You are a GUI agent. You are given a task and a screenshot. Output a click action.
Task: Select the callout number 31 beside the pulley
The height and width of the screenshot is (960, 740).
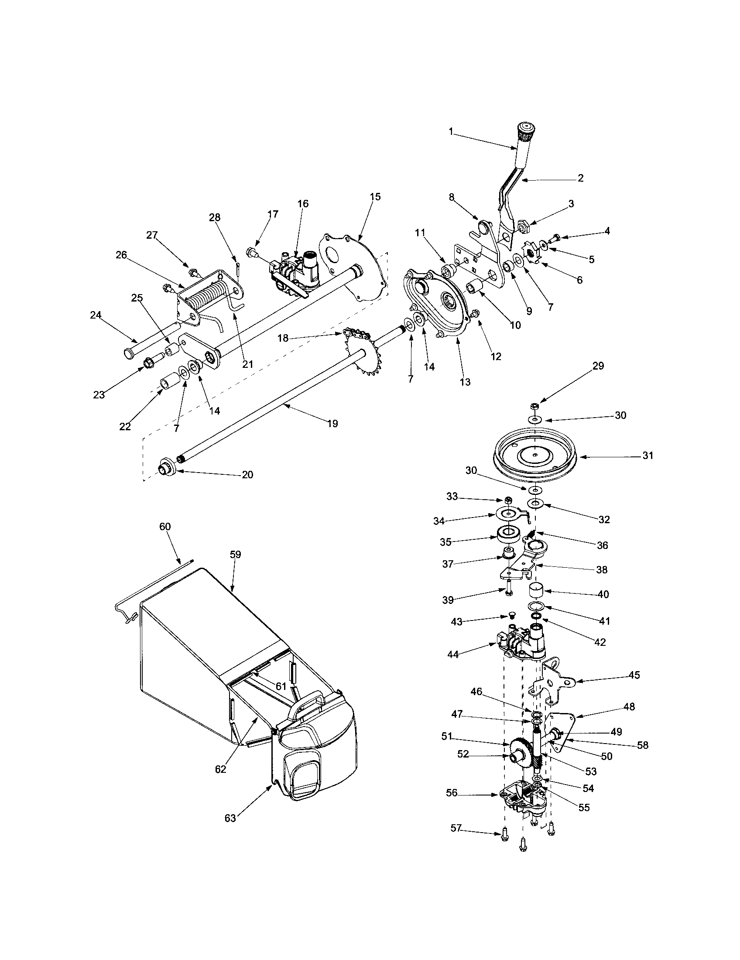[x=648, y=456]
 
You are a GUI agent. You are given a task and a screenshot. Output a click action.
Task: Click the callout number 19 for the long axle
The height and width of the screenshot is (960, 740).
[x=332, y=423]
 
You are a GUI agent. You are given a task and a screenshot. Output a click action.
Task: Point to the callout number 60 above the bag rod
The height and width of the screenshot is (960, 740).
[x=165, y=527]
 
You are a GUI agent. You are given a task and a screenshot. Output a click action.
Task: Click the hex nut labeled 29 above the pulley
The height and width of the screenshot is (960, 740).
[x=535, y=406]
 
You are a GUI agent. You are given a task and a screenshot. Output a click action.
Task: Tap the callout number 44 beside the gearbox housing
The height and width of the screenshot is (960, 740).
[x=452, y=667]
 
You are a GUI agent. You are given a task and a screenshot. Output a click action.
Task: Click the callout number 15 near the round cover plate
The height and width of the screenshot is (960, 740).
[x=375, y=196]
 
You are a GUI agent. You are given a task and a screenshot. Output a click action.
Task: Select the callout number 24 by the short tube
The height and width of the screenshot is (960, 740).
[x=96, y=315]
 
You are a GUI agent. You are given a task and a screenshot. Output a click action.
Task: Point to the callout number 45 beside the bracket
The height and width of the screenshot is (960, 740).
[x=634, y=675]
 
